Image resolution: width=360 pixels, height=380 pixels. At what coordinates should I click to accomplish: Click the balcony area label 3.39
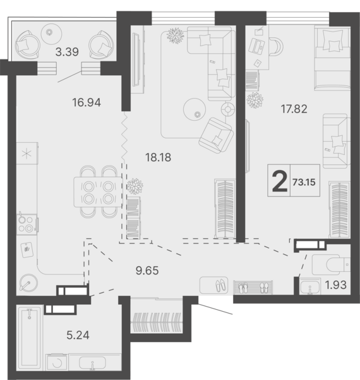coord(67,52)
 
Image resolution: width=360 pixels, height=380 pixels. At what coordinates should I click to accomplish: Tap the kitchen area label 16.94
coord(87,102)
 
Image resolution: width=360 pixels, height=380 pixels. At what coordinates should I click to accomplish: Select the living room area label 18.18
coord(158,157)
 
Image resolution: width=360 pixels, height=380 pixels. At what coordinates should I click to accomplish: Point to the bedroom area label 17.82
coord(294,109)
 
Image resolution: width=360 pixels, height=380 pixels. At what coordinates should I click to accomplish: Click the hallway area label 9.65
coord(147,271)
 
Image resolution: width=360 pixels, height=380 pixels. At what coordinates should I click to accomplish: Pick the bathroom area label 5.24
coord(78,335)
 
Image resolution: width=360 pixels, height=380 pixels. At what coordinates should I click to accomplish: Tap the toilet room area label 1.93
coord(336,285)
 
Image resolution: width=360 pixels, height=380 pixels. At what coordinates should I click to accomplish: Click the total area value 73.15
coord(304,182)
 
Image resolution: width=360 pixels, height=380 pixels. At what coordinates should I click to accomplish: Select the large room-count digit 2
coord(280,181)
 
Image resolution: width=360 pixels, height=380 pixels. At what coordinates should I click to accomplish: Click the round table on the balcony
coord(52,34)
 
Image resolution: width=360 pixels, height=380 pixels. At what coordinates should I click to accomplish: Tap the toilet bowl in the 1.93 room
coord(331,264)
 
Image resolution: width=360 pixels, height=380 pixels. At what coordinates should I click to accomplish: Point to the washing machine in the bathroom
coord(57,362)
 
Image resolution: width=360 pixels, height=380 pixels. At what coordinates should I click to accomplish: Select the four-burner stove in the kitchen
coord(27,224)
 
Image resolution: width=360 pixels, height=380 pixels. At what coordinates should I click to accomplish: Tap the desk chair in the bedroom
coord(276,47)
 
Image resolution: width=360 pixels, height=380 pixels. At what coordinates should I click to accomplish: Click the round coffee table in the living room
coord(195,109)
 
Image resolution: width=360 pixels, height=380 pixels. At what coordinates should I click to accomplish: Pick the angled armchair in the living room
coord(216,135)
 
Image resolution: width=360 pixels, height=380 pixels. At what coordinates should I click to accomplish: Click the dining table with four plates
coord(98,192)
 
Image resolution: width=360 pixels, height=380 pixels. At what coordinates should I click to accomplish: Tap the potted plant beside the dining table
coord(135,186)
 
